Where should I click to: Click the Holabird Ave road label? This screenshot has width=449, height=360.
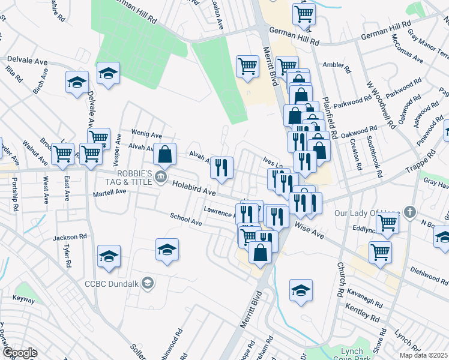tap(193, 189)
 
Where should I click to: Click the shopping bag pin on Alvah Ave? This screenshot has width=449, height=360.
tap(164, 154)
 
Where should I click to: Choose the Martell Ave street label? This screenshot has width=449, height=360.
tap(109, 193)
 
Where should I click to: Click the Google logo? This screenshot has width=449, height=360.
tap(20, 353)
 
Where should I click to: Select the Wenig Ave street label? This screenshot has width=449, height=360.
tap(147, 134)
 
